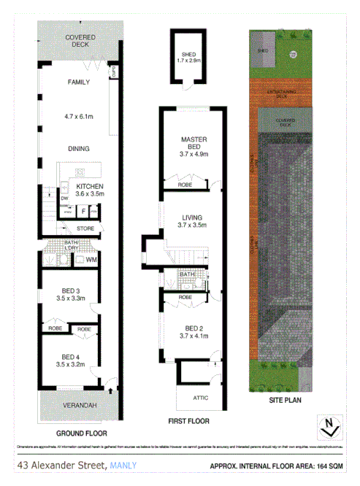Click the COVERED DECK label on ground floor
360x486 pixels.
pyautogui.click(x=78, y=40)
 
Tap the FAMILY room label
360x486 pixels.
pyautogui.click(x=78, y=82)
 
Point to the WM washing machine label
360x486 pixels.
pyautogui.click(x=91, y=259)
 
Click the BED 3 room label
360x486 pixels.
pyautogui.click(x=71, y=293)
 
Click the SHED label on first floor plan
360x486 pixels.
pyautogui.click(x=188, y=55)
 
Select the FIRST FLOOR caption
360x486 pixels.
pyautogui.click(x=188, y=421)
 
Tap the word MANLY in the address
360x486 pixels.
pyautogui.click(x=123, y=465)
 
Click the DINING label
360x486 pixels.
pyautogui.click(x=78, y=149)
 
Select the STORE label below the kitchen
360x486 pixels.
pyautogui.click(x=85, y=229)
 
